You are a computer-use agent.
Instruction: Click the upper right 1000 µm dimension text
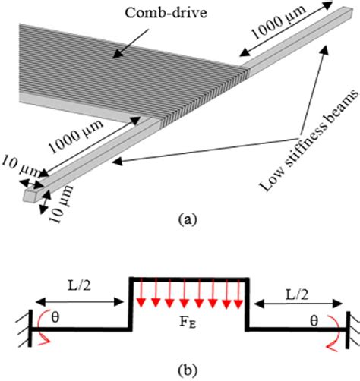click(270, 39)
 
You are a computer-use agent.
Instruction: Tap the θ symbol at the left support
click(54, 320)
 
